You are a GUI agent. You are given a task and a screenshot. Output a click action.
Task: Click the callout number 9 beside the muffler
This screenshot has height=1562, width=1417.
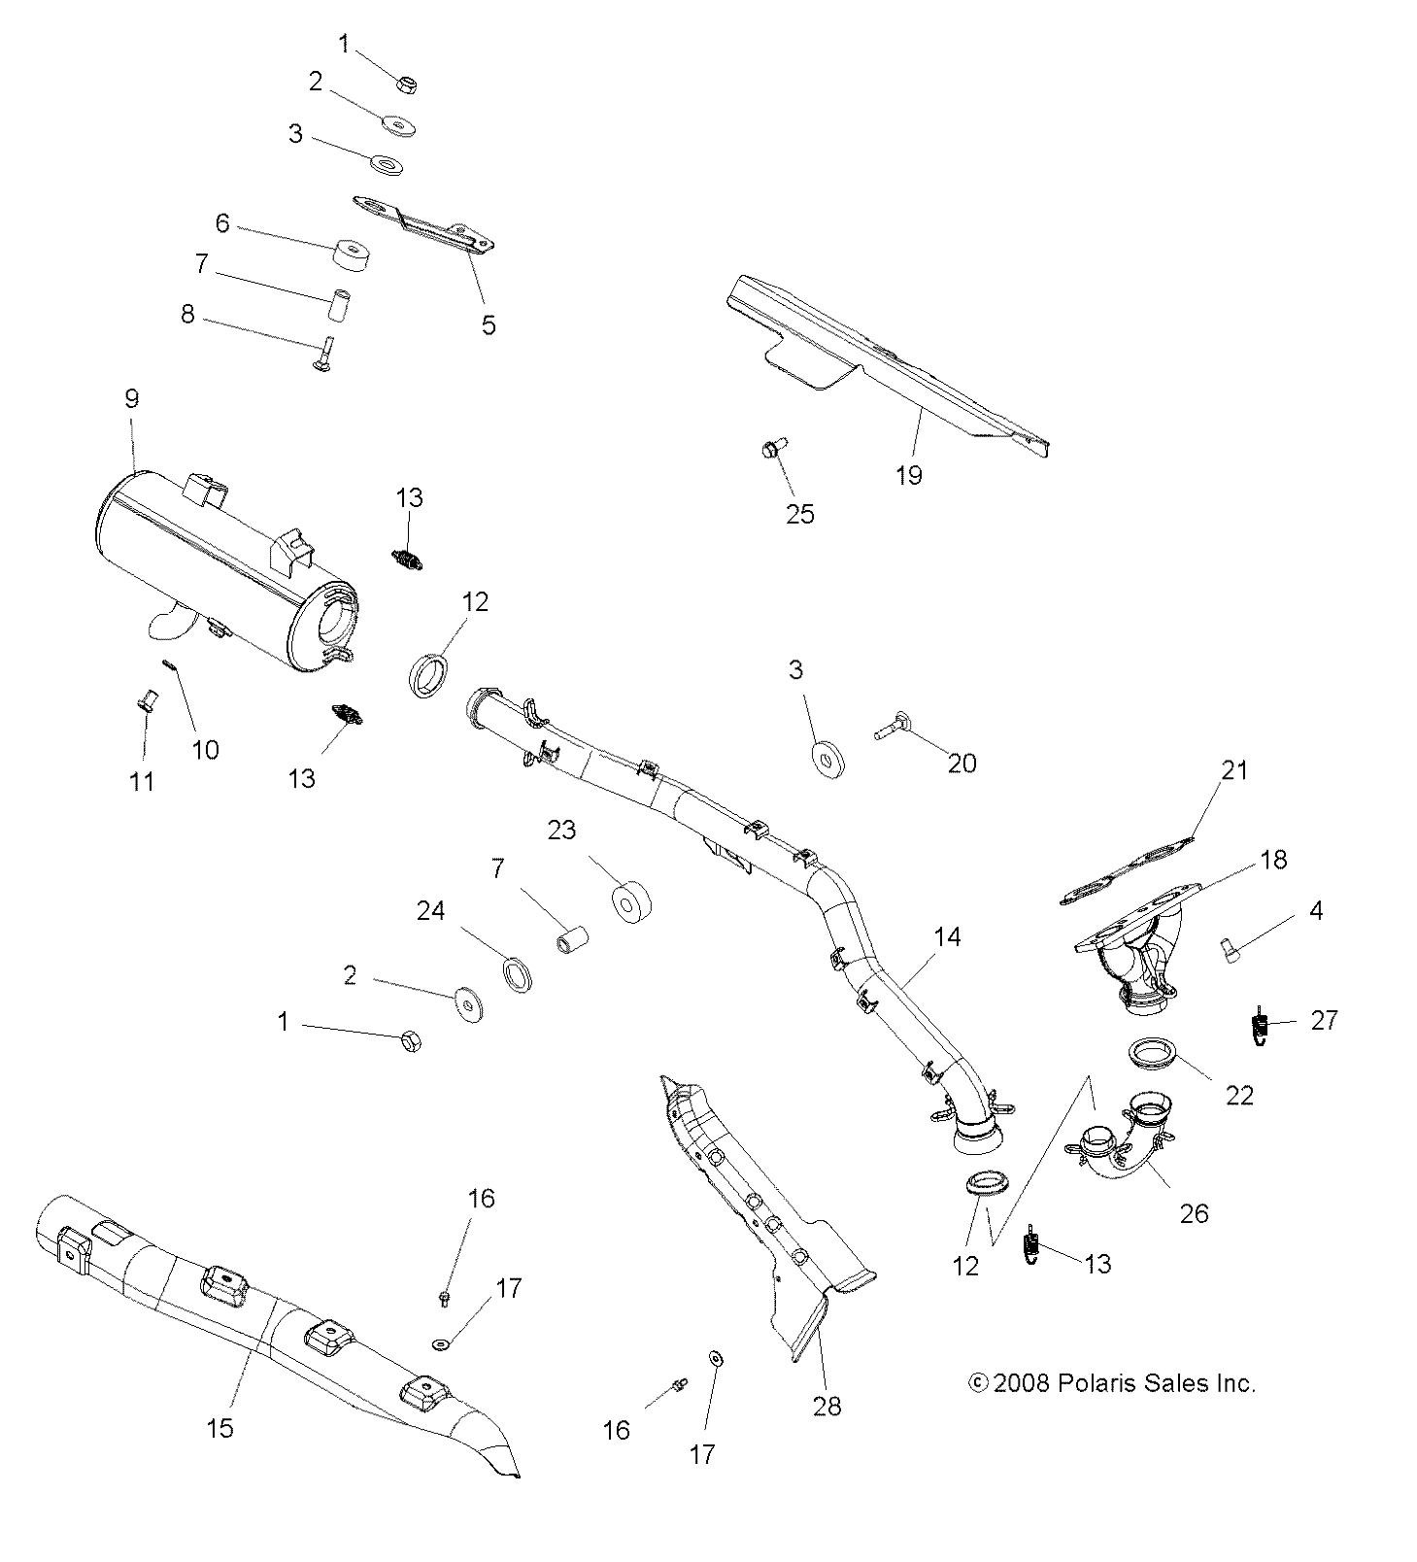click(x=131, y=398)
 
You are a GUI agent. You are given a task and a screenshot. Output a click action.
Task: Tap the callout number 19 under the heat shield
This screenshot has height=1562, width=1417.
click(x=909, y=475)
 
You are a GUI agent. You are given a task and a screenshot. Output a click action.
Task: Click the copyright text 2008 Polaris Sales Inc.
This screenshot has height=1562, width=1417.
click(x=1112, y=1382)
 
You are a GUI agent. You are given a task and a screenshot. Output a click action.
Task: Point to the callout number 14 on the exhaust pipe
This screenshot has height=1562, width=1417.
click(x=947, y=936)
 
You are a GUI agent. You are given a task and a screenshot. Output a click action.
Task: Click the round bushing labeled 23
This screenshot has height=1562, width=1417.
click(x=628, y=901)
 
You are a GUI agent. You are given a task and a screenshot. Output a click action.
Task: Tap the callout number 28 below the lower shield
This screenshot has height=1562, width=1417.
click(x=827, y=1405)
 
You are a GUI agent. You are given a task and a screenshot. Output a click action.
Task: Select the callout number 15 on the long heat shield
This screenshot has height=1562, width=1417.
click(x=220, y=1427)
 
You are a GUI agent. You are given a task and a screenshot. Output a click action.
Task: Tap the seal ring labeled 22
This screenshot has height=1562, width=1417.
click(x=1152, y=1054)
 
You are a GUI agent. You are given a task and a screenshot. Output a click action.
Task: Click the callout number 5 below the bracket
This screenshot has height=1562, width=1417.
click(x=489, y=324)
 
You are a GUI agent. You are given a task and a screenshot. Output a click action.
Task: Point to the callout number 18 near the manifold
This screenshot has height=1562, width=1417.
click(x=1272, y=860)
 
